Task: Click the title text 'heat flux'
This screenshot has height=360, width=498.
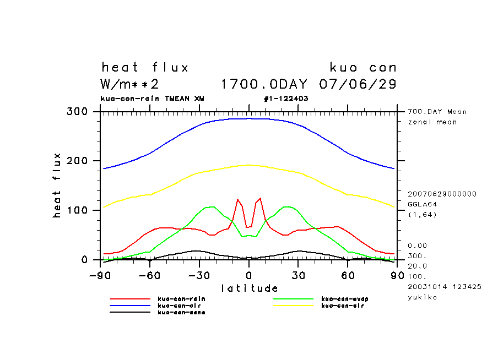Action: [x=145, y=68]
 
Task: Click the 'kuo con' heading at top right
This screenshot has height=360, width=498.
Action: [x=363, y=68]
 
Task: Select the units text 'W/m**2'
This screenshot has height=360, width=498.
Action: [x=130, y=85]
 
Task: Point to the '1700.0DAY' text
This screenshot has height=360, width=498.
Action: [x=267, y=85]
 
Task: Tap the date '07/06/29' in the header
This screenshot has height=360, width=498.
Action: [x=358, y=85]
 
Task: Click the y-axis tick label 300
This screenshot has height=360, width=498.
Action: [x=77, y=112]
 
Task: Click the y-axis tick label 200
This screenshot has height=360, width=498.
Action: [x=77, y=161]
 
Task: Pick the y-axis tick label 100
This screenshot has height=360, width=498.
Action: [x=77, y=210]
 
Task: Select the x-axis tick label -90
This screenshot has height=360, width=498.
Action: [x=100, y=275]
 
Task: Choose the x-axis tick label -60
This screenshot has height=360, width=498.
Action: [x=149, y=275]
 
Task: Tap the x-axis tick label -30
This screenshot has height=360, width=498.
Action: [x=199, y=275]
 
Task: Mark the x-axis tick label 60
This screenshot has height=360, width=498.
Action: [x=348, y=275]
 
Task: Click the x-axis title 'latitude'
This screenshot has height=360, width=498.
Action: [x=250, y=288]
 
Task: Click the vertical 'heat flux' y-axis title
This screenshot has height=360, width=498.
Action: [x=57, y=185]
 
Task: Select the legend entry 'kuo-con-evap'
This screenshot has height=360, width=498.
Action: [x=344, y=299]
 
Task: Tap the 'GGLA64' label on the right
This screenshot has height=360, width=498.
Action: [x=421, y=204]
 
